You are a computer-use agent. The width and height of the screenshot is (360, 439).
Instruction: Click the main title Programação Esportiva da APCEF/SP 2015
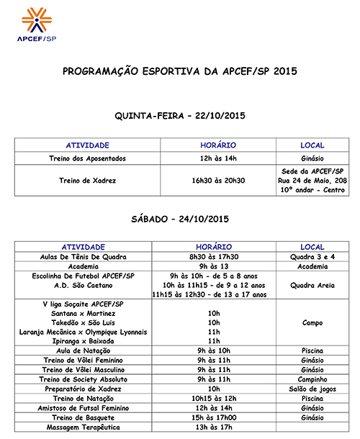point(179,72)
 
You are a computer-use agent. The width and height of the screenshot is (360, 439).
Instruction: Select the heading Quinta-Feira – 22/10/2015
point(179,115)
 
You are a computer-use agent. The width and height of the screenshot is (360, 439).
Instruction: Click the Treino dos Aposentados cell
point(88,158)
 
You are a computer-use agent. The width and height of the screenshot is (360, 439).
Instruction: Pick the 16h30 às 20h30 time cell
point(214,181)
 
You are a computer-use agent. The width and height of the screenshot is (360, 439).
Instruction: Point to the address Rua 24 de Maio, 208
point(311,181)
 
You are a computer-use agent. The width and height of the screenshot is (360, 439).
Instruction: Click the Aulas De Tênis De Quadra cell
point(88,256)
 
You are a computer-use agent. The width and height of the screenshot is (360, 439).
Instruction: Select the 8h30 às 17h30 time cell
point(214,256)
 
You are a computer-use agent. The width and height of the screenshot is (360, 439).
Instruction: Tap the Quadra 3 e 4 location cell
point(311,256)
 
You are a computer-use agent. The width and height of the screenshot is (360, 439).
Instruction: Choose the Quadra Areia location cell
point(311,284)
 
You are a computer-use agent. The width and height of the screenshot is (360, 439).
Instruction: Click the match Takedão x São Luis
point(88,322)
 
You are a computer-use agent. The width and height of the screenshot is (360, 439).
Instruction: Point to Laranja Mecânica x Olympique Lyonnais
point(88,332)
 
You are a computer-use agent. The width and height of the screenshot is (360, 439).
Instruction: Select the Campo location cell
point(311,322)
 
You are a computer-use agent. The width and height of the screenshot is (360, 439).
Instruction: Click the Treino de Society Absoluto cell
point(88,379)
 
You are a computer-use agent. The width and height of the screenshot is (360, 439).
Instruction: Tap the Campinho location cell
point(311,379)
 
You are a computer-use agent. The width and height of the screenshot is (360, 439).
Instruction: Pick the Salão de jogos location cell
point(311,388)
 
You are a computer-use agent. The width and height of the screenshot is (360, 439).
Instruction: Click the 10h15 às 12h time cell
point(214,397)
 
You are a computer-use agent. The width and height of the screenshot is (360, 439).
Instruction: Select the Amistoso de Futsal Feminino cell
point(88,407)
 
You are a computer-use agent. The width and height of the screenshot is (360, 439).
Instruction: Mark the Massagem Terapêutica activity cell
point(88,427)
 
